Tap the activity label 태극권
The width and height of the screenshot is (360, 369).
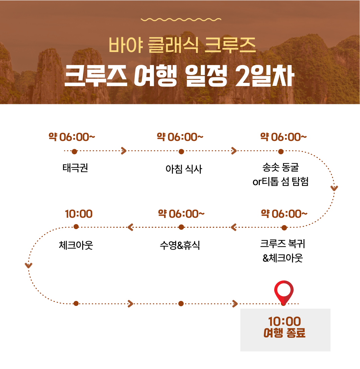[x=75, y=168]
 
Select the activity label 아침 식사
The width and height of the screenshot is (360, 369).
[x=184, y=169]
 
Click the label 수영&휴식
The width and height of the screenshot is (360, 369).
[x=180, y=245]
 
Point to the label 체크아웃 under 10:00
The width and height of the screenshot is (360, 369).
[x=76, y=245]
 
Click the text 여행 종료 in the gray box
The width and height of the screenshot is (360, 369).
[x=284, y=333]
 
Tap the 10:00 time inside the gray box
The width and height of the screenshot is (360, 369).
[x=284, y=321]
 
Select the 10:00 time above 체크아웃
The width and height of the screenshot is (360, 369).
[x=79, y=214]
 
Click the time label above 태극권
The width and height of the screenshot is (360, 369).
[x=72, y=137]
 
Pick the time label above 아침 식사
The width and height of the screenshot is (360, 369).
[x=180, y=137]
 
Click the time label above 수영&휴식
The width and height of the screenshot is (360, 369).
[x=181, y=214]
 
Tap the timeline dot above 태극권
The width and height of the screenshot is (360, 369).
[x=74, y=152]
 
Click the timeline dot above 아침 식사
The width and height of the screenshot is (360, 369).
[x=181, y=152]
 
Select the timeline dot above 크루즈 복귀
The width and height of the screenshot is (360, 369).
[x=284, y=227]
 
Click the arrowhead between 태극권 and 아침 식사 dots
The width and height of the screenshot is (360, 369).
[x=124, y=151]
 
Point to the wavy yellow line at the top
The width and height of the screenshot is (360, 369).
[x=181, y=19]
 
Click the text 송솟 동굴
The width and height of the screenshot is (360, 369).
[x=281, y=167]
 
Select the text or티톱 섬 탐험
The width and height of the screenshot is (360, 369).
[x=280, y=181]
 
